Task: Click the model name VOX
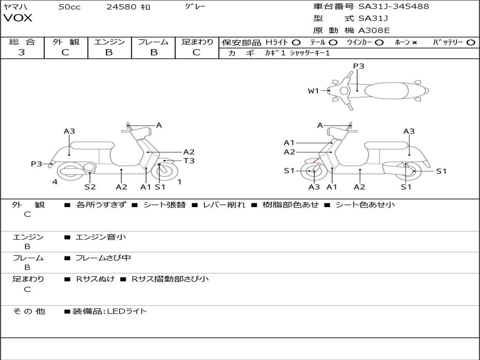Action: tap(18, 18)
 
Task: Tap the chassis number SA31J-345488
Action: tap(394, 7)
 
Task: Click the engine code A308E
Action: tap(374, 31)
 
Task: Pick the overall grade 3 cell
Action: tap(22, 52)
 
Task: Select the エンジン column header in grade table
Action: tap(109, 42)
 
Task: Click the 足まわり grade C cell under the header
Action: tap(196, 52)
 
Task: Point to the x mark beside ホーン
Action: tap(414, 42)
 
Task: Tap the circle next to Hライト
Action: tap(296, 42)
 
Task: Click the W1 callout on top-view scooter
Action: tap(313, 91)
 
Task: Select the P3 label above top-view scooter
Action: tap(359, 66)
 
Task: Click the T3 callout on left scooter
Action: tap(189, 161)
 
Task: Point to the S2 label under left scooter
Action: tap(90, 187)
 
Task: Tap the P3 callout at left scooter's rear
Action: tap(37, 164)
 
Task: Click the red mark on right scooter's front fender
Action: tap(317, 161)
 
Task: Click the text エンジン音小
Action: tap(101, 237)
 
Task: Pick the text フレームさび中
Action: tap(103, 258)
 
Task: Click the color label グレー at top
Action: tap(195, 7)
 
